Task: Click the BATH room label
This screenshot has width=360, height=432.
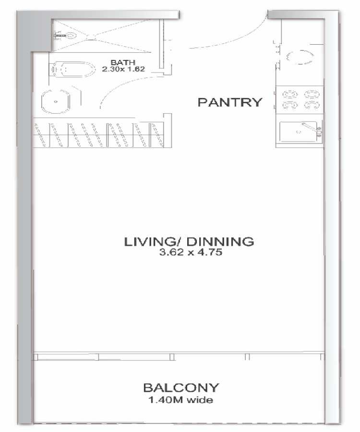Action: [123, 62]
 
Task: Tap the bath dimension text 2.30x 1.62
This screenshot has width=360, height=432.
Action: [123, 69]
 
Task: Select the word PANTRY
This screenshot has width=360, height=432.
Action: [230, 102]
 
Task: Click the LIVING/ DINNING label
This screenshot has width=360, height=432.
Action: [189, 241]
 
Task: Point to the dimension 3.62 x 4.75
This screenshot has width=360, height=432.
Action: [191, 252]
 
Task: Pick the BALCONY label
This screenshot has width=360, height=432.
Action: [181, 388]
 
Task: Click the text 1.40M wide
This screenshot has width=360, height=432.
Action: [180, 400]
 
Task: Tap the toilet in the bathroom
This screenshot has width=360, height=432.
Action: [72, 70]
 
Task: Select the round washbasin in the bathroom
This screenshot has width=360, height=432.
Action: [55, 101]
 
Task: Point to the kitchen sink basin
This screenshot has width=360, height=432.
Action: [298, 132]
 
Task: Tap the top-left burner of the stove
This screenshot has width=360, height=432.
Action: [290, 95]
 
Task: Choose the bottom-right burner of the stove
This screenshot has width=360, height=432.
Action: [312, 105]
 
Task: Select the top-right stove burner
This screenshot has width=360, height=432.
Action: [312, 95]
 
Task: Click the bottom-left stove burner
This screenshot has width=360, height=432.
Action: [290, 105]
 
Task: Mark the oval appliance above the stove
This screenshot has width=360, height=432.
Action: [300, 57]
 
